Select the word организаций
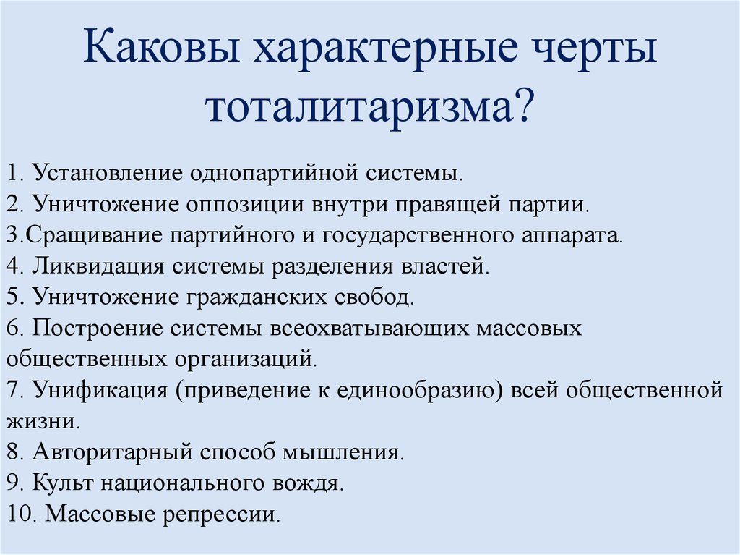tap(243, 359)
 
